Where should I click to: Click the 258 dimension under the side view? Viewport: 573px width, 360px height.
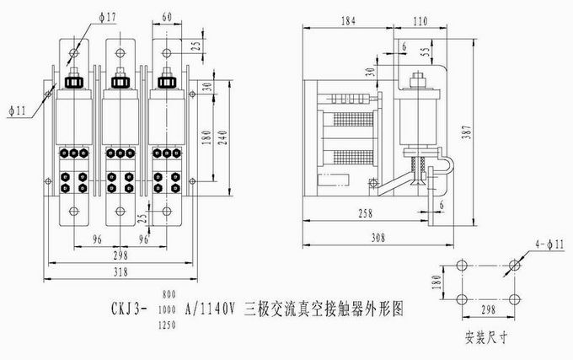[365, 213]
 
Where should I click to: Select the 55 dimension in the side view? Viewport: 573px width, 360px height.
[424, 51]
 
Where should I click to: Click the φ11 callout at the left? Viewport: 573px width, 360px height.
[18, 109]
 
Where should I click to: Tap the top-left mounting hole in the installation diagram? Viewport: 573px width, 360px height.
[461, 265]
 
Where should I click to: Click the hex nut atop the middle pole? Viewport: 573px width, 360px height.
[120, 83]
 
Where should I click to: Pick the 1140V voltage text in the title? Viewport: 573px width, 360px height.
[214, 309]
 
